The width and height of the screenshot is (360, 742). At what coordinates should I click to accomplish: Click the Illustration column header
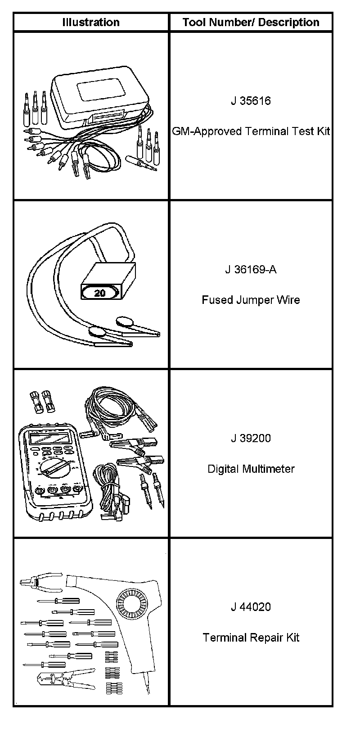coord(91,22)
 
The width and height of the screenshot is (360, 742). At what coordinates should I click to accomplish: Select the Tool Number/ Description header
coord(251,22)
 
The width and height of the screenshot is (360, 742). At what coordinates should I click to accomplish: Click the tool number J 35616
coord(251,100)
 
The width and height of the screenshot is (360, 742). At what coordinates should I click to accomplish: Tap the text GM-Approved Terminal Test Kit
coord(251,131)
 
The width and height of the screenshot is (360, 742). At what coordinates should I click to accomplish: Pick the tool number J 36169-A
coord(251,269)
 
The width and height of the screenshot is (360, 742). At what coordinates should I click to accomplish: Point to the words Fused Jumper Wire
coord(251,300)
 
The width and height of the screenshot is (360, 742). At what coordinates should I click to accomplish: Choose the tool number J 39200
coord(251,438)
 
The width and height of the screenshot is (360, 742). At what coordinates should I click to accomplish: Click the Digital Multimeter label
coord(251,469)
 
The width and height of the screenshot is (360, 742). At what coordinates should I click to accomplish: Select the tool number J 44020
coord(251,607)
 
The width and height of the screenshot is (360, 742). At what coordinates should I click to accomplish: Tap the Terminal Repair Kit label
coord(251,638)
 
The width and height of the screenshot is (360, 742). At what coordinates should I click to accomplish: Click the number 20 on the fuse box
coord(100,293)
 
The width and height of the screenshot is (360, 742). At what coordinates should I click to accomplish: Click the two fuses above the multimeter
coord(40,399)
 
